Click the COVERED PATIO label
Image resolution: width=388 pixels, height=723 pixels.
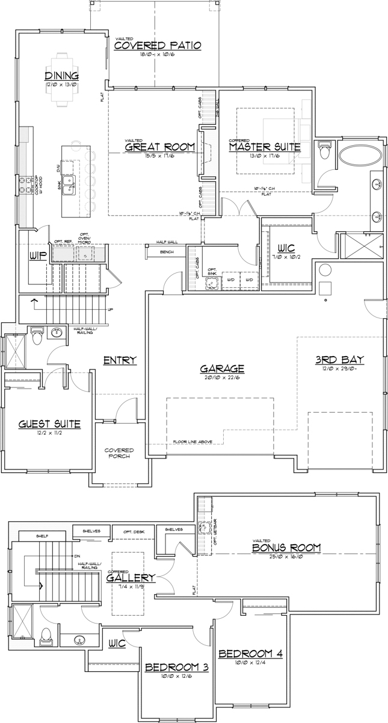point(157,46)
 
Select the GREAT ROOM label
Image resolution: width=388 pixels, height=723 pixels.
point(159,147)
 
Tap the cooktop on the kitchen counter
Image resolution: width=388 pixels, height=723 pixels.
point(28,184)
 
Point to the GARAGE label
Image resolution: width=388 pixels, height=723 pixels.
point(222,368)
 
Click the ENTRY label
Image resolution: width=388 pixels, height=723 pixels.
point(120,360)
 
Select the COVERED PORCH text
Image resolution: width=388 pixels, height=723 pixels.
point(119,453)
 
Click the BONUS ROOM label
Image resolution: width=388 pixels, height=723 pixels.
point(286,548)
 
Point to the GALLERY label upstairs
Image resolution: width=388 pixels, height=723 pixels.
point(131,578)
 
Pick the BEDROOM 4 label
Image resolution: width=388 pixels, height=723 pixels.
point(250,654)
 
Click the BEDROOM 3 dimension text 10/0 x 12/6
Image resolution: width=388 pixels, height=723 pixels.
point(177,675)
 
